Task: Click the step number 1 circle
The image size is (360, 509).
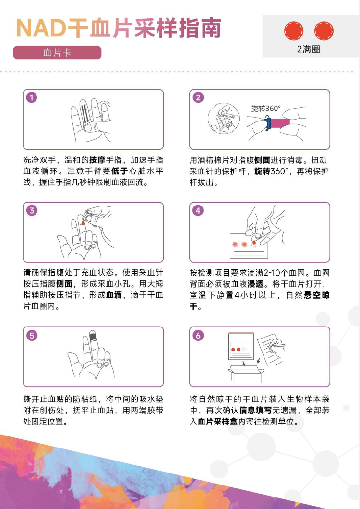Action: [32, 97]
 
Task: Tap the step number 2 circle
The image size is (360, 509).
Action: [198, 97]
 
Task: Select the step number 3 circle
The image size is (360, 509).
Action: [32, 210]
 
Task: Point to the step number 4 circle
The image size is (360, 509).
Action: [198, 210]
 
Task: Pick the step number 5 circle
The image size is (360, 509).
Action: [32, 335]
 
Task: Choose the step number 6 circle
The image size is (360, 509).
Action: [198, 335]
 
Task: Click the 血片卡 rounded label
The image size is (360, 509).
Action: [57, 53]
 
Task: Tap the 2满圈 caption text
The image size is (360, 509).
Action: [308, 49]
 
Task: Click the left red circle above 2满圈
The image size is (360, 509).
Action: [294, 31]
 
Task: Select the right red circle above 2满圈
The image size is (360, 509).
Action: [324, 31]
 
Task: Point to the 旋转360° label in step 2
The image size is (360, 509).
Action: [265, 109]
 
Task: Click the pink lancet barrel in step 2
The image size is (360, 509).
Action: [280, 123]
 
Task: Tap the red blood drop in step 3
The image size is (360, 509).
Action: [83, 223]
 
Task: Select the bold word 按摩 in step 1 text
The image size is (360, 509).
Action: [97, 160]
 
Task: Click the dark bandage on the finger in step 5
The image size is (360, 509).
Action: [93, 335]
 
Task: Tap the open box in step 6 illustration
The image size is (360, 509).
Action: [246, 373]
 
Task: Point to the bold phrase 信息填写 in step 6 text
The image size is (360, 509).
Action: [255, 410]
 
